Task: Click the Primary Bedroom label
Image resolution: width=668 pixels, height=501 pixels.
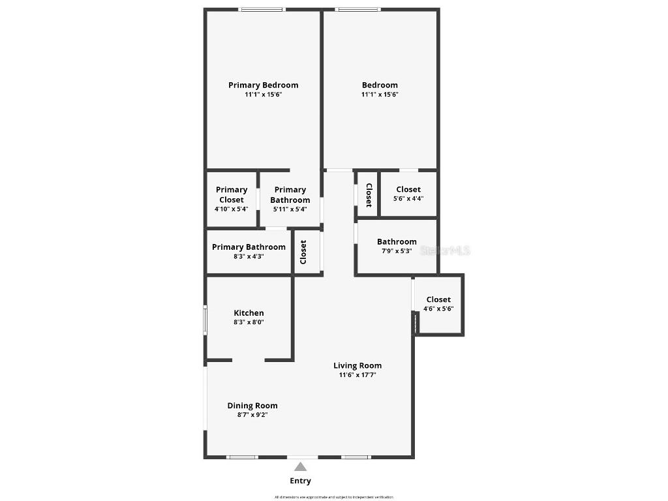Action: [x=263, y=85]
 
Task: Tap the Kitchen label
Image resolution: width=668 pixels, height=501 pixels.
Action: [x=249, y=313]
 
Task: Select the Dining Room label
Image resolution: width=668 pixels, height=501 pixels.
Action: [x=252, y=406]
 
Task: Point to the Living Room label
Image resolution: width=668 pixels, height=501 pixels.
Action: [x=357, y=365]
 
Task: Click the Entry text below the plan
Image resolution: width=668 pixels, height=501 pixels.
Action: [x=300, y=481]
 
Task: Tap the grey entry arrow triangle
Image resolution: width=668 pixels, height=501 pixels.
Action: [x=300, y=466]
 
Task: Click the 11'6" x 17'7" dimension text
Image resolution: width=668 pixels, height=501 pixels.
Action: [x=357, y=375]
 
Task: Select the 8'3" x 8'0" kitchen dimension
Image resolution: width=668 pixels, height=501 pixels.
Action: [x=249, y=322]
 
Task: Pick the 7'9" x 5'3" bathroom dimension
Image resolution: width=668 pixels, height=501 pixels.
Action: [x=397, y=251]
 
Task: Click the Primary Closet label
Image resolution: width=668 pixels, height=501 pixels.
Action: [x=232, y=194]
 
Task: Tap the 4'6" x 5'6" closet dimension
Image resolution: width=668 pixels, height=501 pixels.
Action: [x=438, y=309]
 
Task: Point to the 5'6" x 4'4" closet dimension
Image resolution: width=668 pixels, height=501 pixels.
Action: [x=408, y=199]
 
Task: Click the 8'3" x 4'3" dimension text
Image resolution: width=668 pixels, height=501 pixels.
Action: [x=249, y=257]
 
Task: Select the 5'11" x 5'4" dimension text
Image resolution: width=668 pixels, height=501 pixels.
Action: [x=290, y=209]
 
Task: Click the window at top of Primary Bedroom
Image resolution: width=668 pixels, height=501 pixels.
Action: [x=262, y=9]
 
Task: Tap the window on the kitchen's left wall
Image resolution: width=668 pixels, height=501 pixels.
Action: [x=205, y=321]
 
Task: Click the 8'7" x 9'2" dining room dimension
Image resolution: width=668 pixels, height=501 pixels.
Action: [x=252, y=415]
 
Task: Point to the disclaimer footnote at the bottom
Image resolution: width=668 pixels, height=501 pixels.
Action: [x=334, y=497]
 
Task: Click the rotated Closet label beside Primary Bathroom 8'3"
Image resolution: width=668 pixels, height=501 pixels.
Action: [x=303, y=252]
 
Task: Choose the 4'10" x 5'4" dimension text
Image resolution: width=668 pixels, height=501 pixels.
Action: [x=231, y=209]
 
